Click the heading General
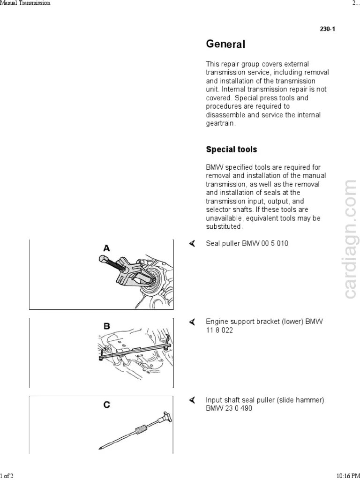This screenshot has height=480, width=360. (x=225, y=45)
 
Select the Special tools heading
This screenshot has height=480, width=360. (x=232, y=150)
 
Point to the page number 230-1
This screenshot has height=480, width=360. (x=327, y=29)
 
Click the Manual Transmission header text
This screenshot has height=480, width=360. (x=25, y=3)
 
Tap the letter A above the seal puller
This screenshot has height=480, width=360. (x=107, y=248)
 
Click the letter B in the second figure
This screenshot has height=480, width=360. (x=107, y=326)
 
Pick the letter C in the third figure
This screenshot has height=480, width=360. (x=107, y=404)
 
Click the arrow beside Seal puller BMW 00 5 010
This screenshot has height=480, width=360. (x=192, y=244)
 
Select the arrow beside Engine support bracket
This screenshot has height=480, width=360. (x=192, y=322)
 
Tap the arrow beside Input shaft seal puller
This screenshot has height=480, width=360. (x=192, y=400)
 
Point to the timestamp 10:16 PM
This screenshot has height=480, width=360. (x=346, y=476)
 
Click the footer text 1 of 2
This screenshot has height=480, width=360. (x=7, y=476)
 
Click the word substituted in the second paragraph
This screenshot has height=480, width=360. (x=224, y=226)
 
